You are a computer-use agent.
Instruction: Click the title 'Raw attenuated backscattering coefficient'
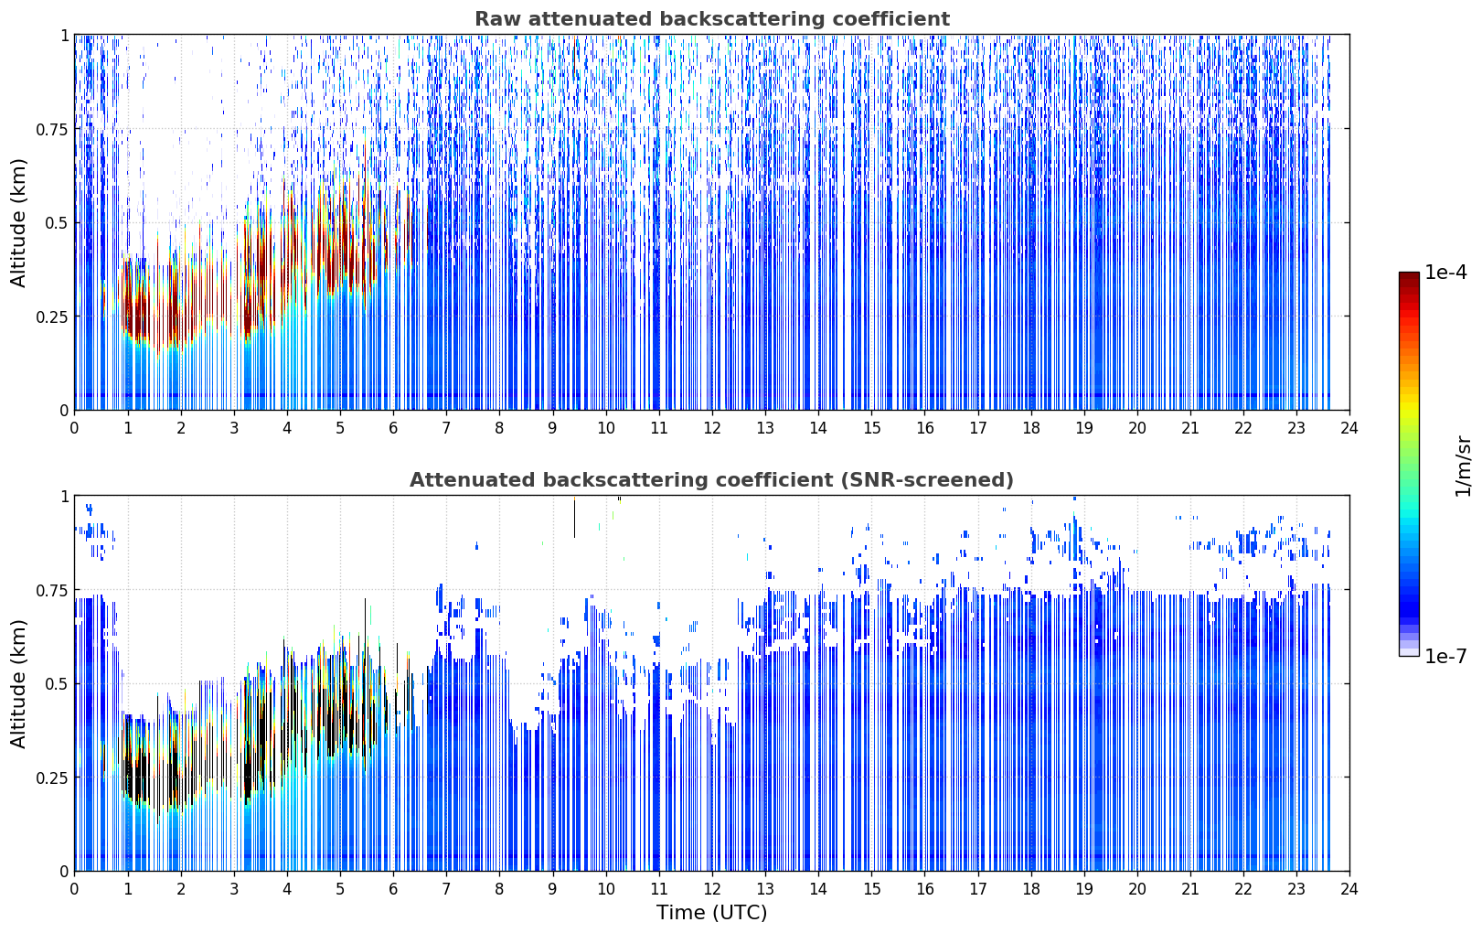[x=712, y=18]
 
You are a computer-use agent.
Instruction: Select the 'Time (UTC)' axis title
[x=712, y=913]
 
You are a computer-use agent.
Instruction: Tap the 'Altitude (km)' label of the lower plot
[x=18, y=683]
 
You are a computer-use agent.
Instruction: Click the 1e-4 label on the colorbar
[x=1445, y=272]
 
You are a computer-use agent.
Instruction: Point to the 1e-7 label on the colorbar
[x=1445, y=657]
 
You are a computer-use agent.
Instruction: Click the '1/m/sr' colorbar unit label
[x=1463, y=466]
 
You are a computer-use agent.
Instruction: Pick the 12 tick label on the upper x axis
[x=712, y=428]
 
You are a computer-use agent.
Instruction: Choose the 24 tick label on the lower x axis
[x=1349, y=889]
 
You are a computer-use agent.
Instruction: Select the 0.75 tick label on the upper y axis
[x=51, y=129]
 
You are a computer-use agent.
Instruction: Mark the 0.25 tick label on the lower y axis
[x=51, y=777]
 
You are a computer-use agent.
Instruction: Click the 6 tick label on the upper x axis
[x=393, y=428]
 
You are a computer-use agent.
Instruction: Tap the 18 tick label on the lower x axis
[x=1030, y=889]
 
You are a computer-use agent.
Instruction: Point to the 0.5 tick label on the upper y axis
[x=57, y=223]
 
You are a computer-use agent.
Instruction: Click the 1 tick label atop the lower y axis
[x=64, y=497]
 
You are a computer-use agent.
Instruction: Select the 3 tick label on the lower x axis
[x=233, y=889]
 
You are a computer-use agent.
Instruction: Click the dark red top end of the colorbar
[x=1409, y=275]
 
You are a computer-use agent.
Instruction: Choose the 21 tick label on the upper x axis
[x=1190, y=428]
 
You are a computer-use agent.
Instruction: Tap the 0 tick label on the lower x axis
[x=74, y=889]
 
